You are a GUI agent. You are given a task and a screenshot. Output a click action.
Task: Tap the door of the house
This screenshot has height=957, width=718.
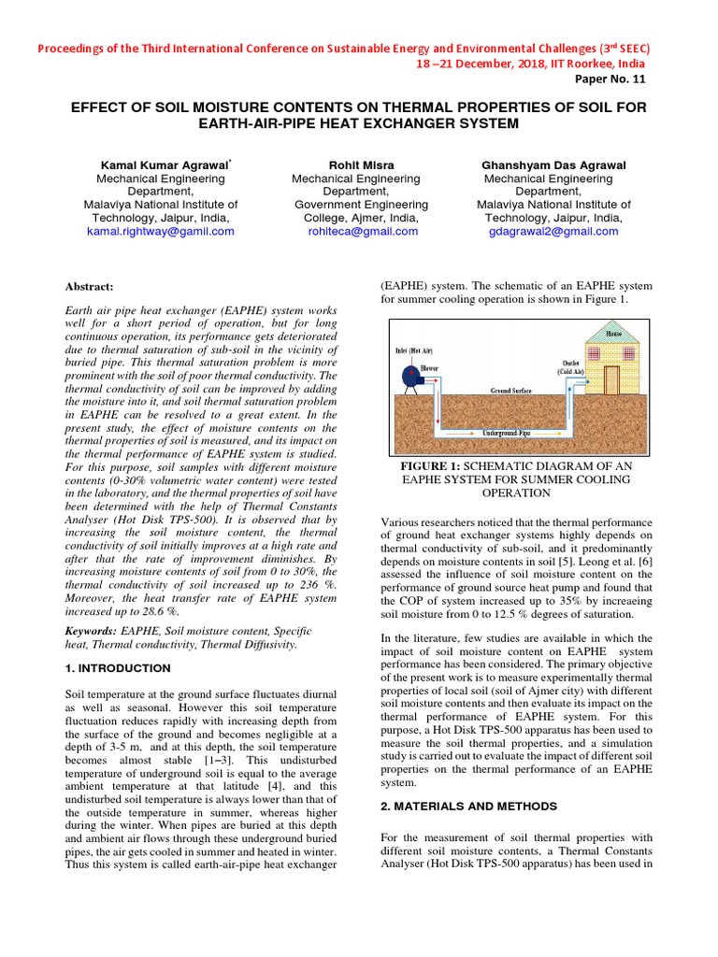[611, 379]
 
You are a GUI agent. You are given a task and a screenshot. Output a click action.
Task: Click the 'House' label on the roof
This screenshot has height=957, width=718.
[613, 334]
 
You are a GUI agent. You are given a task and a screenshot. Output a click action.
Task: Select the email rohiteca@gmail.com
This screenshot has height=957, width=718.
[362, 231]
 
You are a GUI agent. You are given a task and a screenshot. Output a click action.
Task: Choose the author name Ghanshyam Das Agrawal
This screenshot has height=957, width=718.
[553, 164]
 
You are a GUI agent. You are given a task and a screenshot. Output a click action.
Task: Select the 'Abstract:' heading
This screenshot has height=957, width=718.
[89, 286]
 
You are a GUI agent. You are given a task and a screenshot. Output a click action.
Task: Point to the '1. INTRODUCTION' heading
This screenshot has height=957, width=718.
[118, 668]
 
